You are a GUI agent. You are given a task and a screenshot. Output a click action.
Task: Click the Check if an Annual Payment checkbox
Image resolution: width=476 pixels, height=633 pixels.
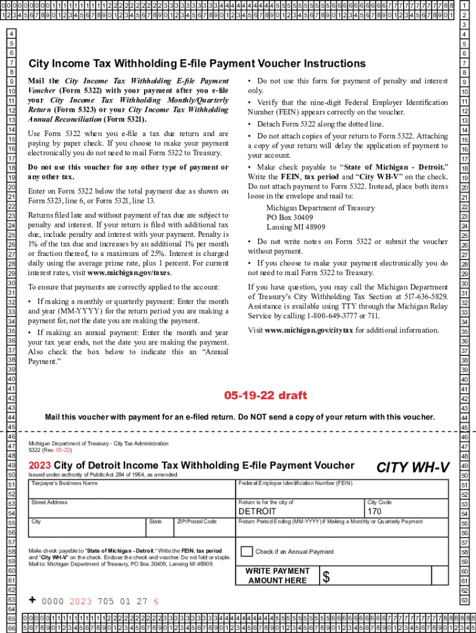tap(247, 551)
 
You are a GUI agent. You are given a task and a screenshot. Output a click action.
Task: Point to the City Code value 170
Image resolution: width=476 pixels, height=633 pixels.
tap(375, 512)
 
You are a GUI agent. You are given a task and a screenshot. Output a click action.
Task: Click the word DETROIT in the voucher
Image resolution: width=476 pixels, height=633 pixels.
tap(258, 512)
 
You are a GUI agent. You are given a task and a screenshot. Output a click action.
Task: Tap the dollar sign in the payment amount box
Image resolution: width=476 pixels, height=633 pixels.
tap(326, 577)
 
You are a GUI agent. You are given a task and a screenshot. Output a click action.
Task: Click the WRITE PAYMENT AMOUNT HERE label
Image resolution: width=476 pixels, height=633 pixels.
tap(278, 576)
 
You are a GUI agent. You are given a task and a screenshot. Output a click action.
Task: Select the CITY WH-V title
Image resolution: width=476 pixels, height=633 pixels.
tap(413, 468)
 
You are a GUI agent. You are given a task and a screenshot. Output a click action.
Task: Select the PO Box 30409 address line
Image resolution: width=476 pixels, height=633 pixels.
tap(290, 218)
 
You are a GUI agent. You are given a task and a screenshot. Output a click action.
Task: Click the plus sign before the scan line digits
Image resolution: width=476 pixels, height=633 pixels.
tap(32, 600)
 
